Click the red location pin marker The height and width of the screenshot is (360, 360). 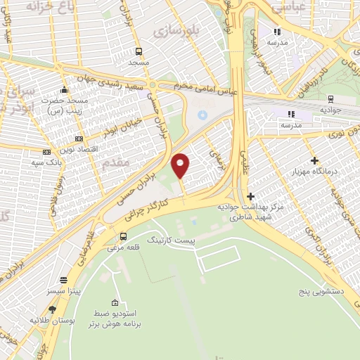181,166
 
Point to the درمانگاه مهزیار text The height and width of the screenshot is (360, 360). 314,171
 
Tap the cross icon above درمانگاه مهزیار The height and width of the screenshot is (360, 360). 314,161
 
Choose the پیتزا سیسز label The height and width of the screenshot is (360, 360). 64,290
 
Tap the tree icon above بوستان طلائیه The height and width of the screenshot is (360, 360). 52,309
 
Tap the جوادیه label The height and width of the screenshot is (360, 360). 330,110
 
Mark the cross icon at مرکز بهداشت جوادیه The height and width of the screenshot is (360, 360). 251,196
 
